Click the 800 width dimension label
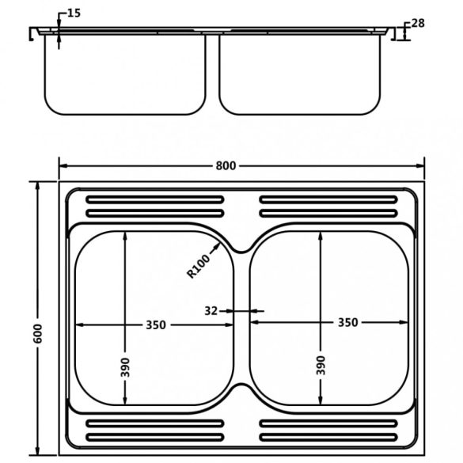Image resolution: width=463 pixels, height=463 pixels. click(x=226, y=165)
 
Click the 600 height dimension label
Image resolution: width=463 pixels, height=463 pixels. click(x=38, y=334)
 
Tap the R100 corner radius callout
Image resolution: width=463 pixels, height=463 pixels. click(x=199, y=267)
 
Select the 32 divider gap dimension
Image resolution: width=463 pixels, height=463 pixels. click(x=211, y=310)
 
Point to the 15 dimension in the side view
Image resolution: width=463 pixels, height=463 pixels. click(x=74, y=13)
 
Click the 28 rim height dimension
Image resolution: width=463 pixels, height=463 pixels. click(x=418, y=23)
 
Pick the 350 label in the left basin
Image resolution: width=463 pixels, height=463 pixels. click(x=156, y=324)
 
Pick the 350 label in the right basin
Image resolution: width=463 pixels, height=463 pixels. click(x=347, y=322)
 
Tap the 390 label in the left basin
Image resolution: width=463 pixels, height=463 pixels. click(x=125, y=367)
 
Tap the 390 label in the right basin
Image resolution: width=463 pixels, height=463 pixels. click(x=321, y=366)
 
